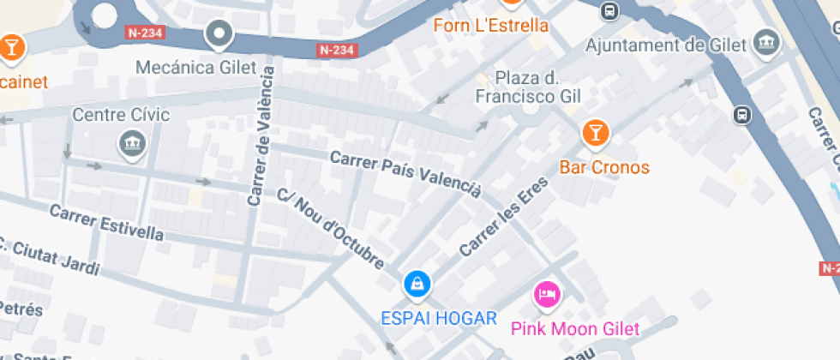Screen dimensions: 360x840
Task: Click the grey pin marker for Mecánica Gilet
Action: (220, 34)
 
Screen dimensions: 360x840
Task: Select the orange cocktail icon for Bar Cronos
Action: (595, 133)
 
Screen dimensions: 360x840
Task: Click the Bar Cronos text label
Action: (604, 167)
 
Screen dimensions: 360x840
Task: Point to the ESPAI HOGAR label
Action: (439, 319)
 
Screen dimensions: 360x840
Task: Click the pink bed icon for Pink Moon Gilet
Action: (547, 296)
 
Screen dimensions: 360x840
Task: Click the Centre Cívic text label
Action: (121, 115)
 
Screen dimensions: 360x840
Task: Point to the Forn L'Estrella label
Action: (490, 25)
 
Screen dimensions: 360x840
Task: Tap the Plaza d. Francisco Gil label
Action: (528, 87)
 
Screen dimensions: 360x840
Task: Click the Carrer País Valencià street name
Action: (405, 174)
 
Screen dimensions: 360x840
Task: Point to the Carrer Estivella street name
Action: (106, 223)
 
